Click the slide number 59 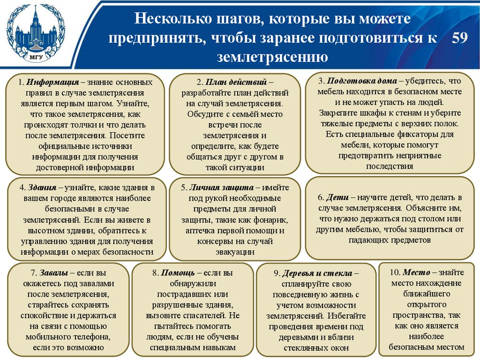(460, 38)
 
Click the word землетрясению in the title (271, 57)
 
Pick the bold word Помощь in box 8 (178, 273)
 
